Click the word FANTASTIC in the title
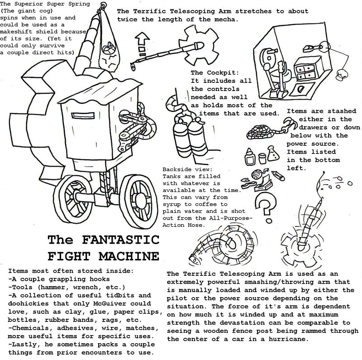pyautogui.click(x=120, y=240)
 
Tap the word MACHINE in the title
pyautogui.click(x=129, y=256)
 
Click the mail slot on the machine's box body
pyautogui.click(x=83, y=115)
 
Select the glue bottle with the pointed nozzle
pyautogui.click(x=250, y=156)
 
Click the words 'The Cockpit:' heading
pyautogui.click(x=214, y=72)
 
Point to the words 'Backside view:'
pyautogui.click(x=187, y=169)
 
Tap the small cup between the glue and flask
pyautogui.click(x=262, y=158)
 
